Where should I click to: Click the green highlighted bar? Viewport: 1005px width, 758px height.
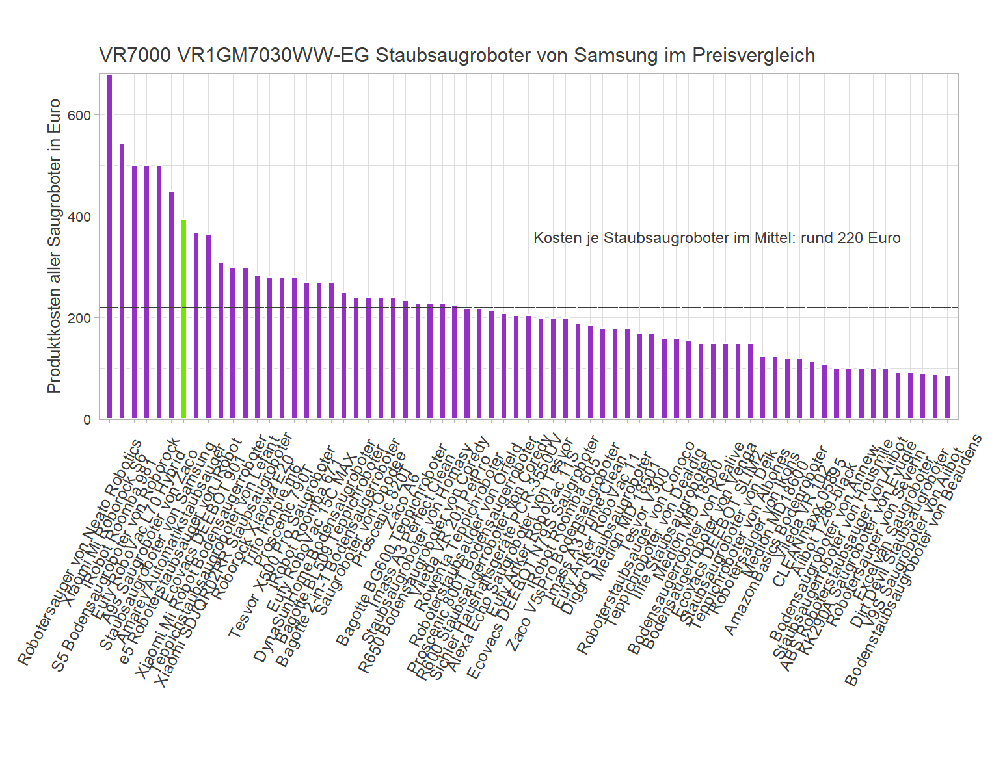183,319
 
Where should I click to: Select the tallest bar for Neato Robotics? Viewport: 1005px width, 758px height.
109,247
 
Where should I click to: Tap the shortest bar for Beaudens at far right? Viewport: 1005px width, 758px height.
947,397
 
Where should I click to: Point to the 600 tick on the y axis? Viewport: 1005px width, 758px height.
83,115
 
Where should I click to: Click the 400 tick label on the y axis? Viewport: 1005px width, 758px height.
83,216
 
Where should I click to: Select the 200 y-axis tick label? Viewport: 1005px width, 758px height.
83,318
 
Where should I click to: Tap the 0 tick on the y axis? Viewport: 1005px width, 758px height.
87,419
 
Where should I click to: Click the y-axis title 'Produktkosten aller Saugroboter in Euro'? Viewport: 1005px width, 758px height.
54,246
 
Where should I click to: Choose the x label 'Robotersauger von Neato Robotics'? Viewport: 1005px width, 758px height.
78,553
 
